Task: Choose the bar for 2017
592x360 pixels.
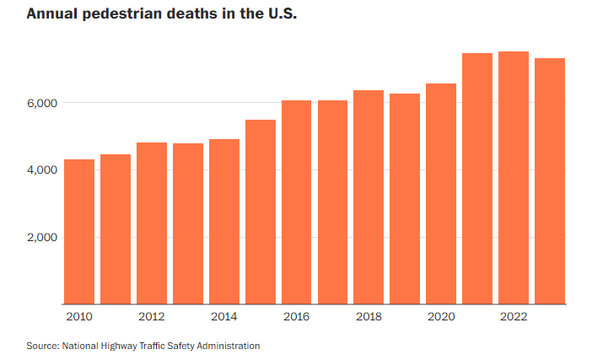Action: coord(333,202)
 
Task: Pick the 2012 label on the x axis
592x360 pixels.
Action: coord(151,317)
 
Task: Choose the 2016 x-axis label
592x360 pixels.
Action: coord(296,317)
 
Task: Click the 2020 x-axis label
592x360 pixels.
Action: coord(441,317)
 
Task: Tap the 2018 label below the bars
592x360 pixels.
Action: coord(369,317)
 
